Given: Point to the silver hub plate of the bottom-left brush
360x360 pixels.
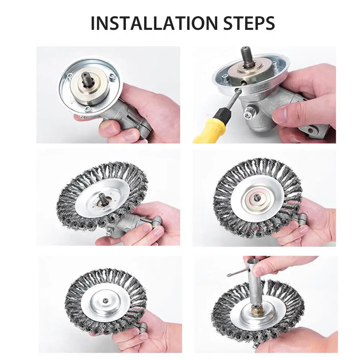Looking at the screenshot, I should (94, 309).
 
